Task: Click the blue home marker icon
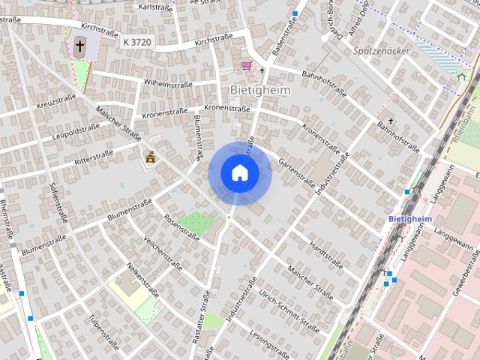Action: point(240,173)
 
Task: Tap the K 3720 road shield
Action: point(137,43)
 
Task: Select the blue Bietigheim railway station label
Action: point(411,218)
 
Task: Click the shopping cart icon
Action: point(246,66)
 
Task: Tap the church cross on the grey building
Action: point(79,46)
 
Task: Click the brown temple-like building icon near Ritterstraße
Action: point(151,157)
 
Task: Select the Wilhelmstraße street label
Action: point(169,83)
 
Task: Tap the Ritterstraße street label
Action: point(94,158)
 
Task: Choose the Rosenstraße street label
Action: point(181,226)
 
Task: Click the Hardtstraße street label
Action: point(325,255)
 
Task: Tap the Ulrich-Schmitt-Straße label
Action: point(288,307)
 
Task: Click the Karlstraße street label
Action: point(156,7)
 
